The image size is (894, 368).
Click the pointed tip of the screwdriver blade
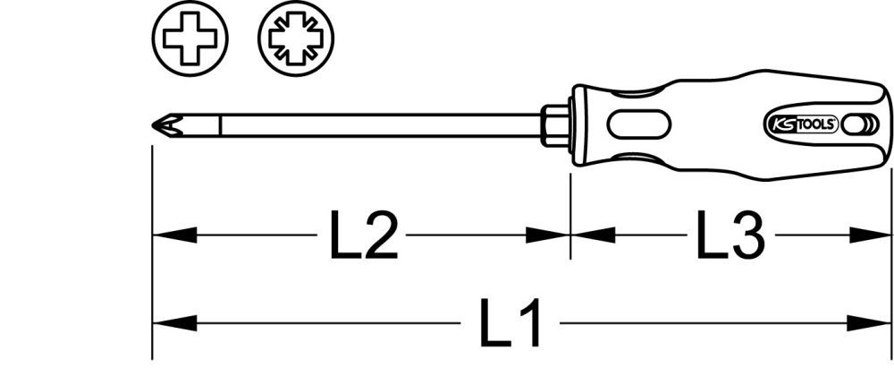coord(152,124)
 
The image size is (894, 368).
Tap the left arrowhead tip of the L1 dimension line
coord(153,323)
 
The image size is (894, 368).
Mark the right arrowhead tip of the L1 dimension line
coord(890,323)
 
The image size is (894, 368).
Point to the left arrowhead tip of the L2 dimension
coord(153,235)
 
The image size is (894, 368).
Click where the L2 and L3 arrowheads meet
coord(570,235)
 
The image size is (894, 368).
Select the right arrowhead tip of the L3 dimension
coord(890,235)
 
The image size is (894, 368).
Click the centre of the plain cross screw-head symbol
coord(190,39)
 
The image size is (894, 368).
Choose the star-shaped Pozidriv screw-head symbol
coord(296,39)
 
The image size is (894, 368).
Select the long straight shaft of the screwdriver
coord(381,124)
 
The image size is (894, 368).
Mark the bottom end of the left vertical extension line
coord(152,359)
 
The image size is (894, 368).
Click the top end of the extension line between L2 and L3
coord(570,173)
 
